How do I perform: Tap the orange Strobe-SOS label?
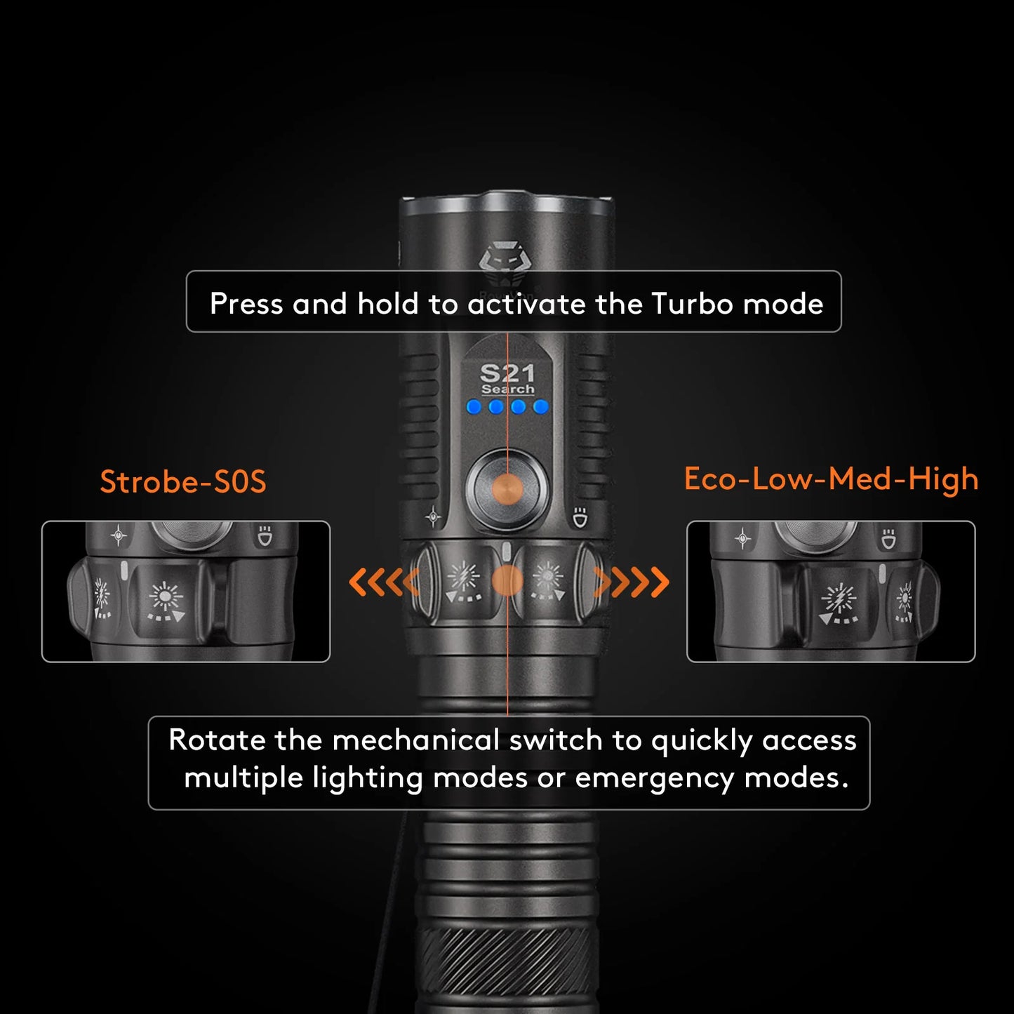pos(183,482)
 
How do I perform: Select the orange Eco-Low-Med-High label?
pos(831,479)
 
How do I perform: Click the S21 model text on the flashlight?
pos(507,373)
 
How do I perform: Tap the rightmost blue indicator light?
pos(540,406)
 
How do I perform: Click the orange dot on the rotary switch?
pos(507,581)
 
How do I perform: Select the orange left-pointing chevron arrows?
pos(383,582)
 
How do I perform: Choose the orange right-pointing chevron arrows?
pos(632,582)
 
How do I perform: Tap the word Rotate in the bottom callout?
pos(217,740)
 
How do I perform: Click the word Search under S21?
pos(507,389)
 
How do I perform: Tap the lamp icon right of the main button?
pos(580,518)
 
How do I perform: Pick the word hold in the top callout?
pos(388,304)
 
